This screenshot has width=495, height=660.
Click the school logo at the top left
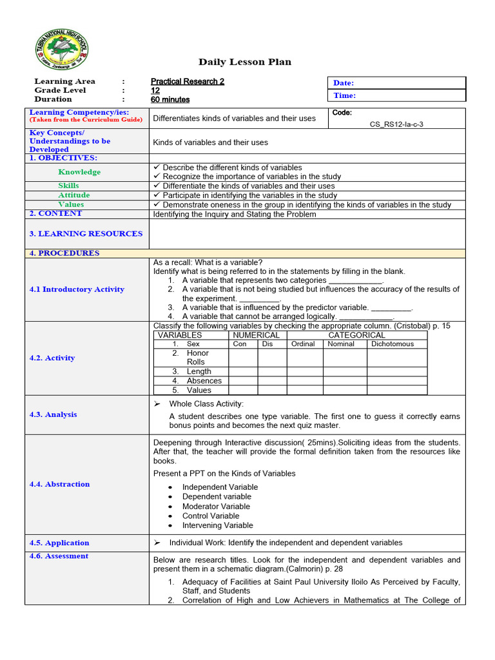tap(62, 53)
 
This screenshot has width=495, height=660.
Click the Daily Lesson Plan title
tap(244, 62)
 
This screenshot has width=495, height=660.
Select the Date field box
tap(397, 83)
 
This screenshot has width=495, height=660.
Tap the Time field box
tap(397, 95)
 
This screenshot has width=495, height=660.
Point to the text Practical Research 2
tap(188, 81)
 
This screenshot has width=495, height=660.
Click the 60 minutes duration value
tap(170, 99)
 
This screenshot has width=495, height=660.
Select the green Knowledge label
tap(79, 172)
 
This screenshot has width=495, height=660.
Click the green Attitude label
tap(74, 195)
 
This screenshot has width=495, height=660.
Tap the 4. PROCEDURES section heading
tap(64, 253)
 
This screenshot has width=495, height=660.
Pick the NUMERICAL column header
tap(256, 335)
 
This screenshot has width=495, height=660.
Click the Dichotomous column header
tap(392, 344)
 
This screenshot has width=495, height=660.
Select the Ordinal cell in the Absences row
tap(304, 381)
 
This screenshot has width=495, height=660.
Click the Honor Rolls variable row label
tap(197, 358)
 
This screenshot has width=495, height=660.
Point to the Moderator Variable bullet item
tap(216, 507)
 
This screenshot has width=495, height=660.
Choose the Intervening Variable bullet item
tap(217, 525)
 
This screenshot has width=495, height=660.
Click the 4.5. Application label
tap(59, 543)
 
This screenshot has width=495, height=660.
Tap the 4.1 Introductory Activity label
tap(77, 289)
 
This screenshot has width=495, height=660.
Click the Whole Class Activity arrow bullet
tap(157, 403)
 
